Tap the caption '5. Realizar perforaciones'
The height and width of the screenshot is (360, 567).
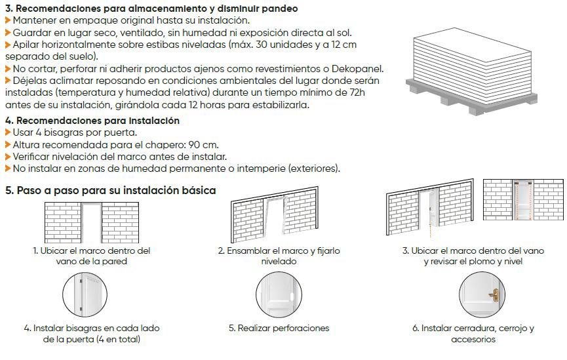(x=279, y=328)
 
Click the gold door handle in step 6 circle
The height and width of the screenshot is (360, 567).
(x=494, y=294)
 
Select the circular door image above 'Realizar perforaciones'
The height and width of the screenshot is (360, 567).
(x=279, y=294)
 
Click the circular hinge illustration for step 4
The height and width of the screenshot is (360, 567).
(x=85, y=294)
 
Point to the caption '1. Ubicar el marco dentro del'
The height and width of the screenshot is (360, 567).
(x=92, y=250)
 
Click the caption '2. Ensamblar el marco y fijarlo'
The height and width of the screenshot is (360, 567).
(x=279, y=250)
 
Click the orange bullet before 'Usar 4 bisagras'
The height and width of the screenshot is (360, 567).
(x=8, y=132)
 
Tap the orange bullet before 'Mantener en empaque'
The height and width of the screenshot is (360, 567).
(x=8, y=21)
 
